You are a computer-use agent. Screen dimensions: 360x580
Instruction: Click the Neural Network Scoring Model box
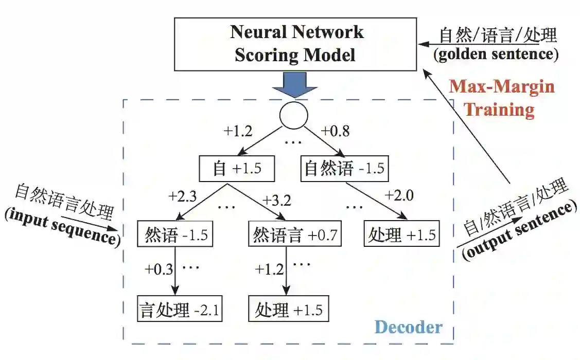click(296, 44)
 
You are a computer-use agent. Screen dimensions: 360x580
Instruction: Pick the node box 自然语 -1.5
click(344, 169)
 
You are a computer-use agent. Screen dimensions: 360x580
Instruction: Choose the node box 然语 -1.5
click(175, 235)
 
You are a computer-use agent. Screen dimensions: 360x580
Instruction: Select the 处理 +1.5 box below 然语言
click(288, 310)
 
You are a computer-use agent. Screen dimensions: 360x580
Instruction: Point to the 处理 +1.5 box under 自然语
click(402, 235)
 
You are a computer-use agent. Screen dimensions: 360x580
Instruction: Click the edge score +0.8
click(335, 131)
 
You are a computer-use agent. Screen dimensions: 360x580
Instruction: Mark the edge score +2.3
click(183, 196)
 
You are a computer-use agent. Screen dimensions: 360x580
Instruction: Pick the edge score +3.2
click(276, 199)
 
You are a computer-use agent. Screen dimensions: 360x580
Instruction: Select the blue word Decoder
click(408, 327)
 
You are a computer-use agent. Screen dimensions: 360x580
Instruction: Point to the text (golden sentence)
click(496, 55)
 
